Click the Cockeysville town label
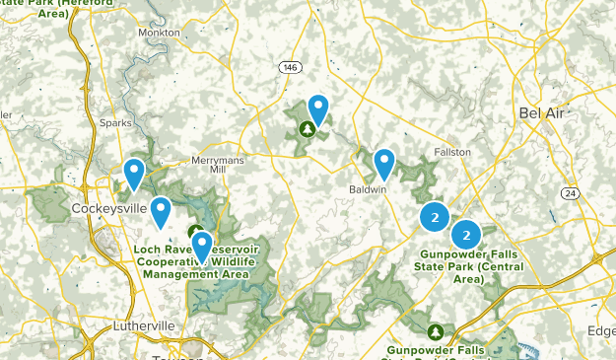coord(108,208)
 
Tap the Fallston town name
coord(452,152)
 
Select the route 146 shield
coord(289,67)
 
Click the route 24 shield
coord(571,192)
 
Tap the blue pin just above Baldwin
coord(383,163)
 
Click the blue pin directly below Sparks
coord(133,174)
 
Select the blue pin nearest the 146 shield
coord(318,108)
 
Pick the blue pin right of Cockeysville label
coord(160,210)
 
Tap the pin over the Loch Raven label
coord(201,245)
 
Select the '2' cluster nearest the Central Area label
coord(466,235)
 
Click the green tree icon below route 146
coord(308,128)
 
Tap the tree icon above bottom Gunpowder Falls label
coord(436,329)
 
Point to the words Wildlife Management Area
coord(207,267)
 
